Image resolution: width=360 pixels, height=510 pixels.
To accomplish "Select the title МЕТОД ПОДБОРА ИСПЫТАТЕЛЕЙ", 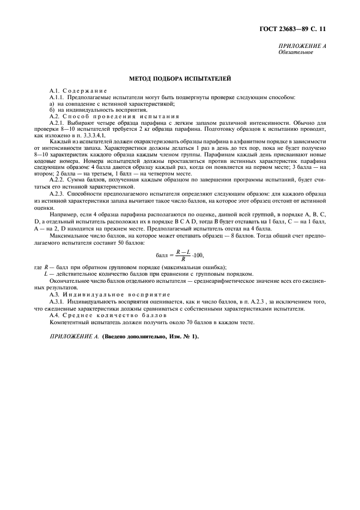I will (180, 78).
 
